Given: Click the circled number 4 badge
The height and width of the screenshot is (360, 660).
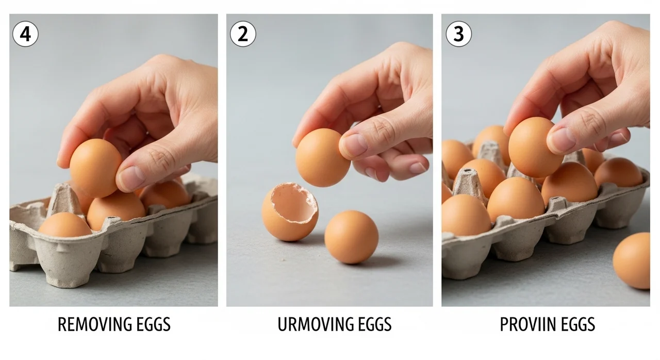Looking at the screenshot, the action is [x=25, y=34].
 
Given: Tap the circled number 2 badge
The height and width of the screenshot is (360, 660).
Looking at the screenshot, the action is [x=243, y=34].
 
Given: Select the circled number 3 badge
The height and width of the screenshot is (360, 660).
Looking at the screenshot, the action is [x=459, y=34].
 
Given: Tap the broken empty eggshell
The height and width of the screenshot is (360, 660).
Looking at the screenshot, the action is [x=290, y=211].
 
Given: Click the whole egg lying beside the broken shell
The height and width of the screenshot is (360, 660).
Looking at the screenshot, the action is [x=352, y=237].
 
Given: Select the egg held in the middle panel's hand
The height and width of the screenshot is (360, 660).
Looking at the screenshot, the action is [x=323, y=158].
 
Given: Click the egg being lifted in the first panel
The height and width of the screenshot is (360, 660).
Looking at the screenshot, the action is [x=95, y=168].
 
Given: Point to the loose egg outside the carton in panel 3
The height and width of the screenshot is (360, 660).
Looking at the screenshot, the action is [x=632, y=260].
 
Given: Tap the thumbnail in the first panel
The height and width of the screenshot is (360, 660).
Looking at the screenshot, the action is [x=131, y=178].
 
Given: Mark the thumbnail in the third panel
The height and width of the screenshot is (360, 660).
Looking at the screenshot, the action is [x=562, y=140].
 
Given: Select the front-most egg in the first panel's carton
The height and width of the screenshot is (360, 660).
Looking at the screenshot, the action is [x=65, y=225].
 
